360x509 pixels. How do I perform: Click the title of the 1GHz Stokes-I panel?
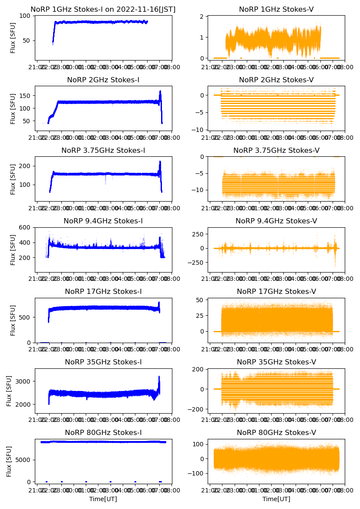point(103,9)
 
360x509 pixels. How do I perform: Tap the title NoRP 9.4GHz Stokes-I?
point(103,221)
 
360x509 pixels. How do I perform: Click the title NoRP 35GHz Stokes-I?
point(103,362)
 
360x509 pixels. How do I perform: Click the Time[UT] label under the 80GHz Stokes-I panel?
point(103,499)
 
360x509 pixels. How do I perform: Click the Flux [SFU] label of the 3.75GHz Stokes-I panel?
point(13,179)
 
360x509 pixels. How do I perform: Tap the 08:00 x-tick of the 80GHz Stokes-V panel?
point(338,490)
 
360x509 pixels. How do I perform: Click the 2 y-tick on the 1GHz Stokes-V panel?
point(202,17)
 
